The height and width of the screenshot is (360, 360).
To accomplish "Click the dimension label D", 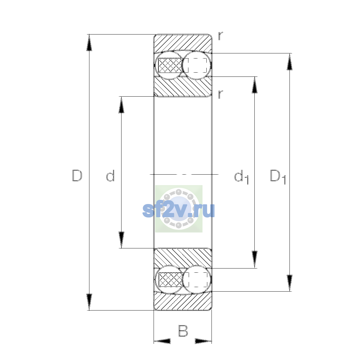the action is [x=77, y=175].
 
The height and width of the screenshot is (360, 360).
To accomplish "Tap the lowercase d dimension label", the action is [x=110, y=175].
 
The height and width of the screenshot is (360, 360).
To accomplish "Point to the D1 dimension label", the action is [x=278, y=177].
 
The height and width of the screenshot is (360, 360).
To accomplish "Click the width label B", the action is [x=183, y=331].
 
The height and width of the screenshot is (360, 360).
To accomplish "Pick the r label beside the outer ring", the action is [x=220, y=36].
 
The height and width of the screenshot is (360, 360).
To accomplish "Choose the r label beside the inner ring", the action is [x=220, y=94].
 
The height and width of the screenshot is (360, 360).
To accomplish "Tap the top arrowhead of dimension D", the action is [x=89, y=43].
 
